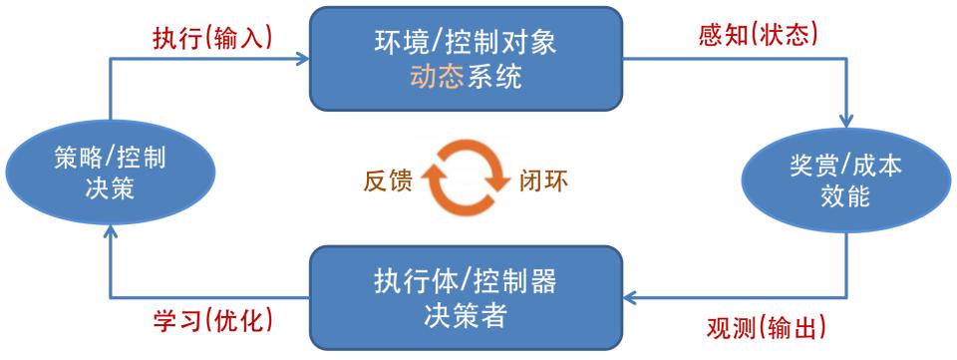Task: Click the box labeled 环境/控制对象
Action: click(466, 59)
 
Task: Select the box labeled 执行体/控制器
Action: click(466, 298)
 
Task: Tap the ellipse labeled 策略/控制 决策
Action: click(111, 173)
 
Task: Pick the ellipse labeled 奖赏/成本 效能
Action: click(846, 180)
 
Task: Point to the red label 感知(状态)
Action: click(758, 36)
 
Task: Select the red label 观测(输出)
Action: click(766, 328)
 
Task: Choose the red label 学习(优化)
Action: click(212, 320)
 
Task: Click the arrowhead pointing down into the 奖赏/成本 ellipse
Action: click(846, 121)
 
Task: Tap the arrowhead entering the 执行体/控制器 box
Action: click(630, 297)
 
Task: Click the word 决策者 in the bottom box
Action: click(466, 316)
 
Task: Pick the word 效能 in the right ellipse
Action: click(845, 198)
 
